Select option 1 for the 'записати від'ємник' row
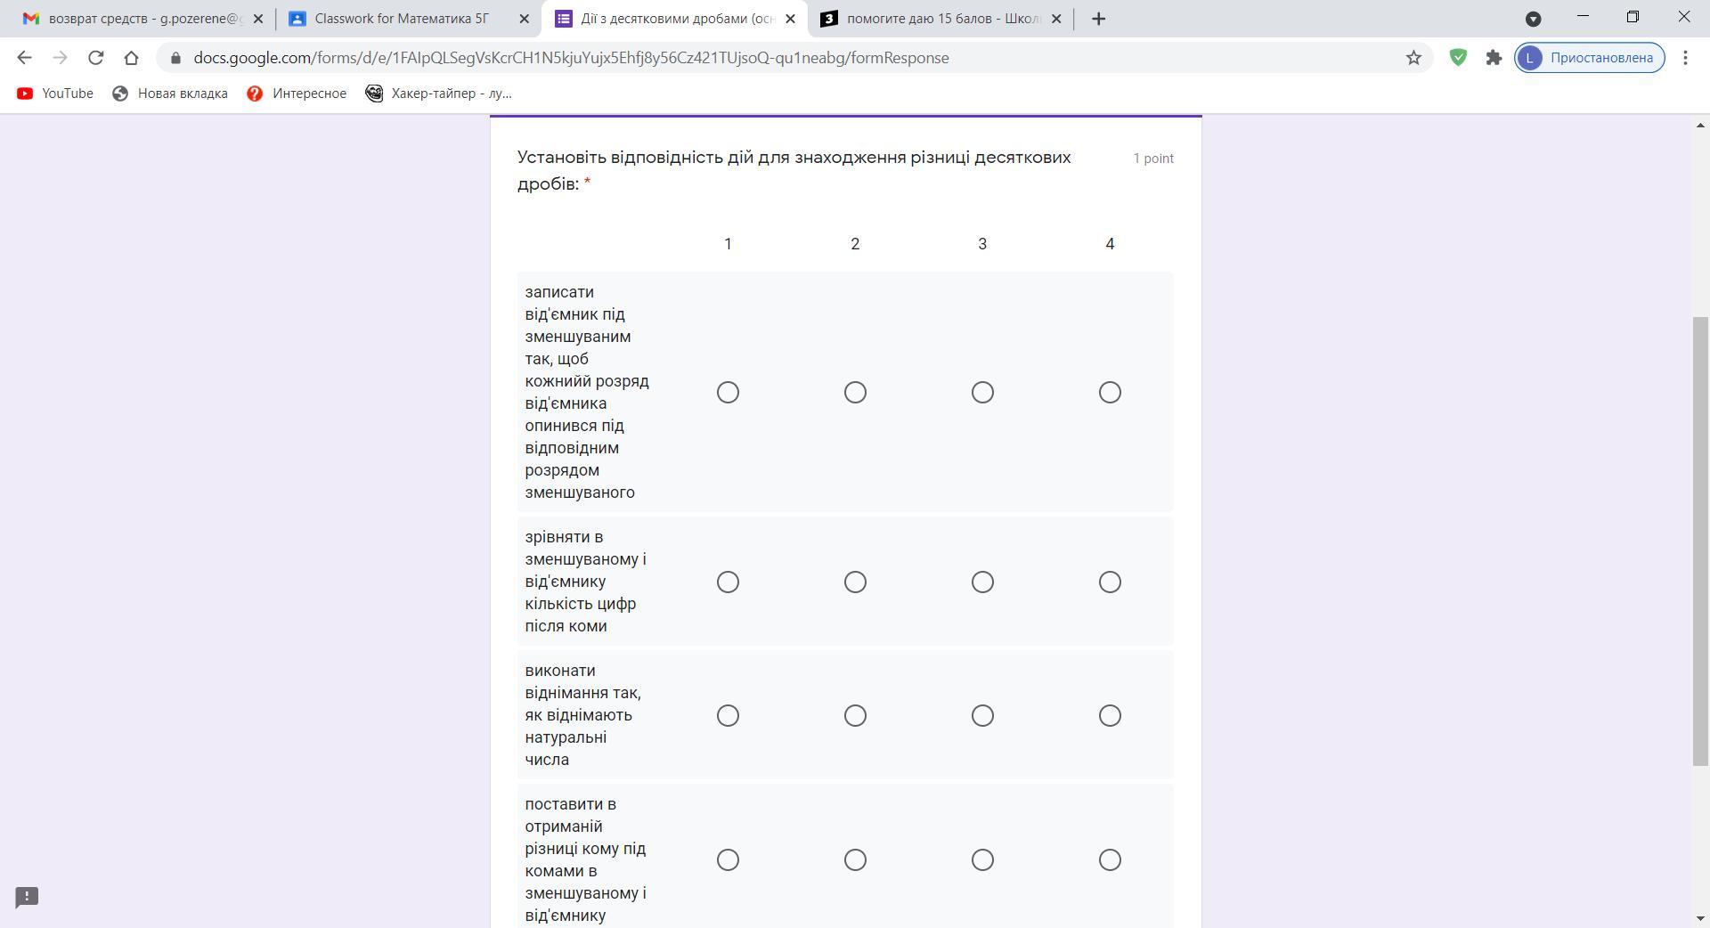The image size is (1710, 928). (728, 393)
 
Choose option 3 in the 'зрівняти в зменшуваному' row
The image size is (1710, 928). (982, 582)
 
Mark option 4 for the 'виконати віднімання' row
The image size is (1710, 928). (1110, 716)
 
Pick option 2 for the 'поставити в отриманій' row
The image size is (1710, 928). (855, 860)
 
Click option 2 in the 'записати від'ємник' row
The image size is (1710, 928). (855, 393)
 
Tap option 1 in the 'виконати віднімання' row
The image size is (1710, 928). (728, 716)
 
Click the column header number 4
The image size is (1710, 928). (1110, 244)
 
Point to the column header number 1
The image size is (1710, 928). (728, 244)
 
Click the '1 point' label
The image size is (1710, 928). (1153, 159)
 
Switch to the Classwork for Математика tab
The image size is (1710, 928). (401, 19)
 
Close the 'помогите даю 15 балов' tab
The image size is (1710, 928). (1056, 19)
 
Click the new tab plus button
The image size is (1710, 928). (1099, 19)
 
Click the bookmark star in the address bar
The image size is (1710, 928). (1413, 58)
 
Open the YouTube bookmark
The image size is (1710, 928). (55, 94)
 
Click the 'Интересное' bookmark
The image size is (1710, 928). (297, 94)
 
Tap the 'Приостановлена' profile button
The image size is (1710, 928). (1590, 58)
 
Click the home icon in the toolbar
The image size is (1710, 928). (131, 58)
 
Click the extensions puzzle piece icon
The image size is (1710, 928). (1494, 58)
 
